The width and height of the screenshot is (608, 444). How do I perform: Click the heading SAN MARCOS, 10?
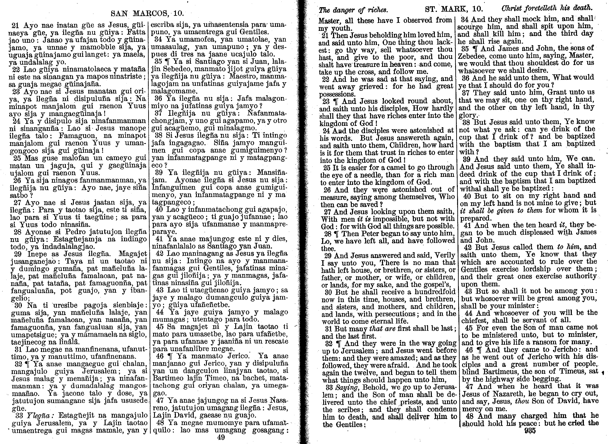[147, 13]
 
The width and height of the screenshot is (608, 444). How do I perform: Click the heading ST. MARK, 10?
[454, 9]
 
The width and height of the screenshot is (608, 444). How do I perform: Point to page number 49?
[221, 438]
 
